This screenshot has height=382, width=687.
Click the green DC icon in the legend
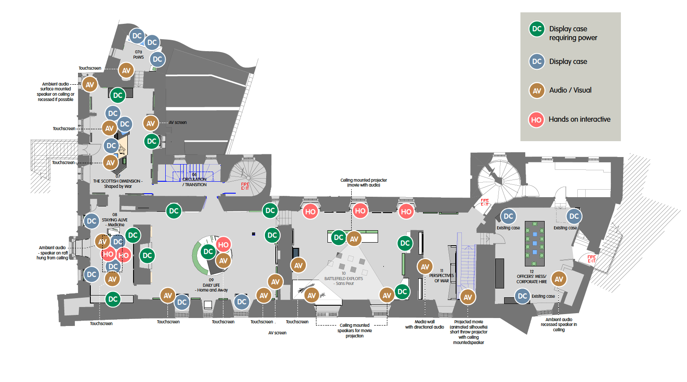537,29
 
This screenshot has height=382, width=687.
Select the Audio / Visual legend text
570,90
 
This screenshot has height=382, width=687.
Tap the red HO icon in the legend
536,120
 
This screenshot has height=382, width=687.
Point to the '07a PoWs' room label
138,54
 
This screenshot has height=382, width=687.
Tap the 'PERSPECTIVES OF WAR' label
441,278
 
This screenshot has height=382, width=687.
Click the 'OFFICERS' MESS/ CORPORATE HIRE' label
531,279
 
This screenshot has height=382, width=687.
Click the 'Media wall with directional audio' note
424,324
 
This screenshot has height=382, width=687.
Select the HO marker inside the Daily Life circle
223,245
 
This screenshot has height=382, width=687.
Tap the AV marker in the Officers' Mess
559,279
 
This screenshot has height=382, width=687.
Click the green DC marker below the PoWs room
118,95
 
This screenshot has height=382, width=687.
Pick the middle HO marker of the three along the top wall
360,211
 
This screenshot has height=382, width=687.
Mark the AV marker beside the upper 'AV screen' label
151,124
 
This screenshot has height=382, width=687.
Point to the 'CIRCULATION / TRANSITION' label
195,182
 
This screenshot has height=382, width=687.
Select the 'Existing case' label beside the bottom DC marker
543,296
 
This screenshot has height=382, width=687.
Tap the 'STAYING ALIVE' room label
115,220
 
